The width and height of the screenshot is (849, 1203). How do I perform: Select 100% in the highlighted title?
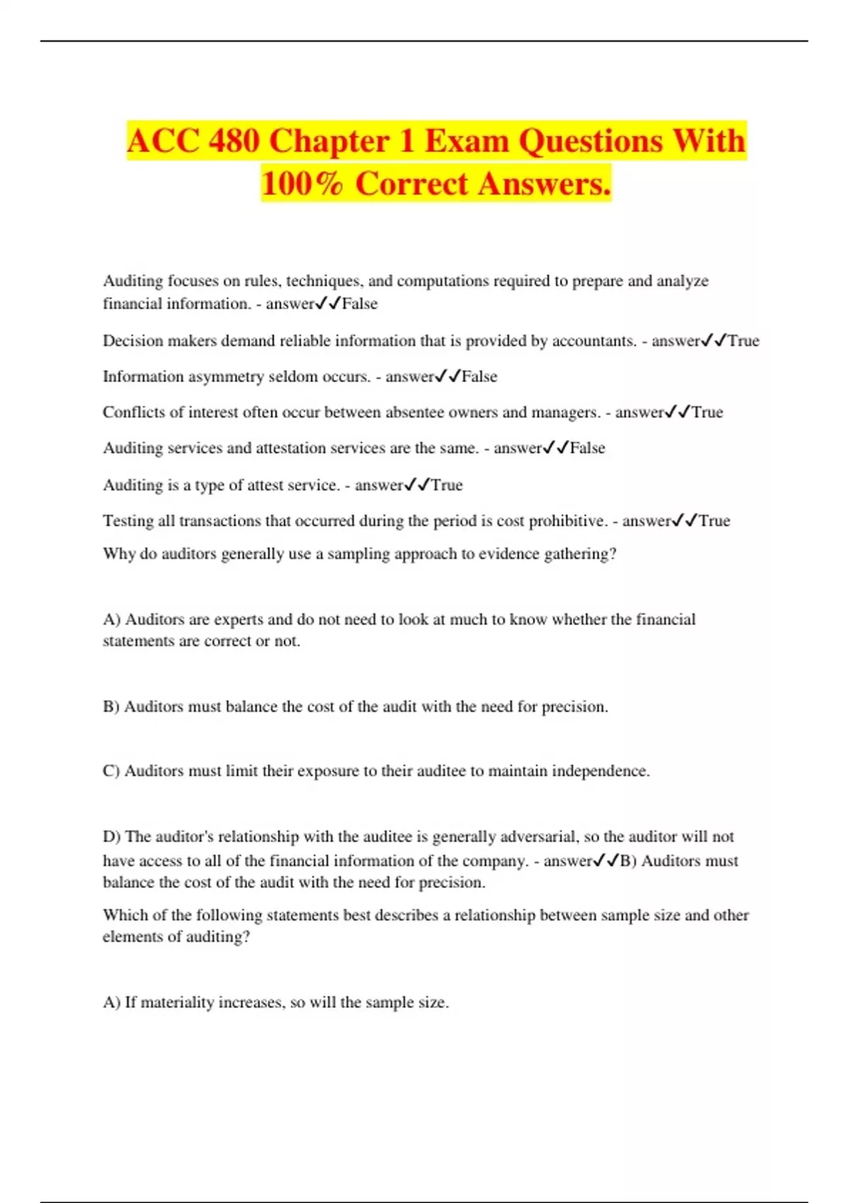pyautogui.click(x=302, y=184)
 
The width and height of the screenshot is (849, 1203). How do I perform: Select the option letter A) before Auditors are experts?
pyautogui.click(x=112, y=620)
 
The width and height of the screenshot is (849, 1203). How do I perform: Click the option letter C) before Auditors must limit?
pyautogui.click(x=112, y=771)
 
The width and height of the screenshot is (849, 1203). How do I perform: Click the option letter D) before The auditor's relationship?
pyautogui.click(x=112, y=837)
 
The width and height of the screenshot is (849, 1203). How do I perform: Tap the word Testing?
pyautogui.click(x=128, y=521)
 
